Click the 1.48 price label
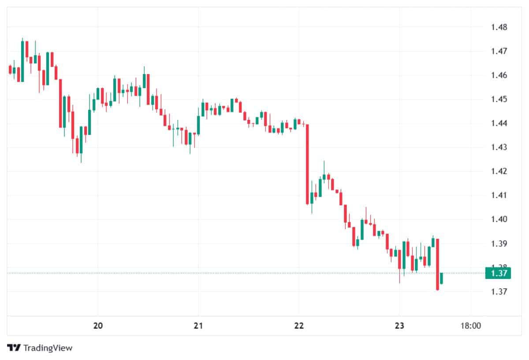[499, 27]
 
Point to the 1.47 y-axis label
[499, 51]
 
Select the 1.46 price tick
[499, 75]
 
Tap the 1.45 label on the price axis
[499, 99]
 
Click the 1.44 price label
[499, 123]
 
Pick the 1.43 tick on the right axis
[499, 147]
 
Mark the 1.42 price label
[499, 171]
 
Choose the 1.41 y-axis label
[499, 195]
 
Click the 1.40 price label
[499, 219]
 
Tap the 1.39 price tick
[499, 243]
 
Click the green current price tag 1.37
[498, 273]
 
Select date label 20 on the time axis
[98, 326]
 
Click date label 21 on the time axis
[198, 326]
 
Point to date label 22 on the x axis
[299, 326]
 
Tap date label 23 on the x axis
[399, 326]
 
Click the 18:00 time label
[470, 326]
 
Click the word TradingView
[48, 348]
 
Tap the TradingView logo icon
[15, 348]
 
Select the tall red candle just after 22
[307, 164]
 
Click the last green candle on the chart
[441, 278]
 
